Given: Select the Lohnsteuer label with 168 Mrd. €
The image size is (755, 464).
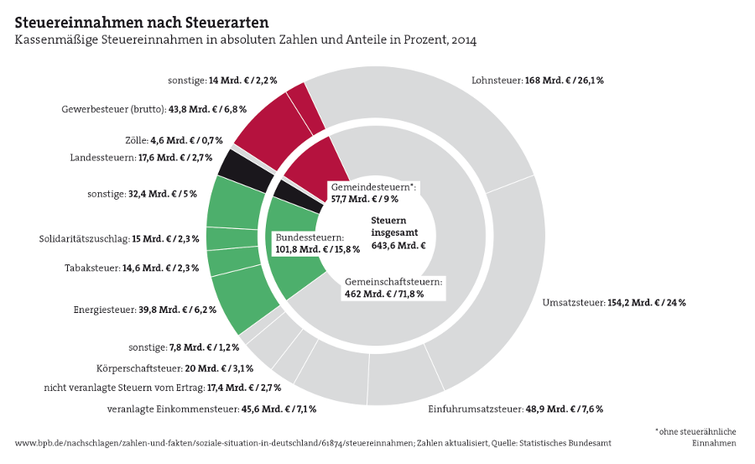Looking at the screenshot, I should (538, 81).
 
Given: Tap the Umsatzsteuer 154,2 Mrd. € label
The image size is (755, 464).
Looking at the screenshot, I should (614, 302).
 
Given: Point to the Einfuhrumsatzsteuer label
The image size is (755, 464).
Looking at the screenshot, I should (515, 409).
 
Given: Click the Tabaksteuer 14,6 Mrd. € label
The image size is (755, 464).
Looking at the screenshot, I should (132, 268).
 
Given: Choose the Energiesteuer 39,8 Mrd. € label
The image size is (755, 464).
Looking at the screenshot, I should (145, 310).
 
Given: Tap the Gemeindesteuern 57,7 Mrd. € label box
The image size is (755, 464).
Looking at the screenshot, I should (372, 193).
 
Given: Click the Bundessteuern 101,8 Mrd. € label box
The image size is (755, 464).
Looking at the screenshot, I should (318, 243).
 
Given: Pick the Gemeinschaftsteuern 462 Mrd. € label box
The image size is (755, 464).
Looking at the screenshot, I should (393, 288).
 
